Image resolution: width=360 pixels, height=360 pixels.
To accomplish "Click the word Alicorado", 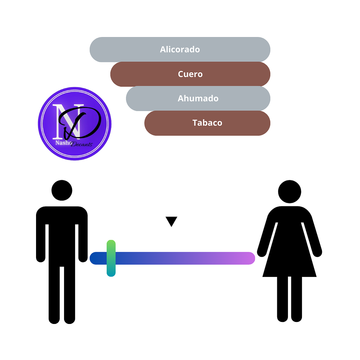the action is point(180,49).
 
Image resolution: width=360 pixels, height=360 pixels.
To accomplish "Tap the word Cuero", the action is point(190,74).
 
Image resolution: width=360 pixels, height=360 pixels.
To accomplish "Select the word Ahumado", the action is point(198,98).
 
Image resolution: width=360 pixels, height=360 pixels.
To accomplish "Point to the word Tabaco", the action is point(207,123).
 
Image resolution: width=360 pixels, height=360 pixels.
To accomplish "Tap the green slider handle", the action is point(111,258).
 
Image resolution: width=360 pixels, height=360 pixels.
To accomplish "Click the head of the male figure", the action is point(62,190).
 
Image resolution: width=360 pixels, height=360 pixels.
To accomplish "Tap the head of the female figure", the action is point(290,192).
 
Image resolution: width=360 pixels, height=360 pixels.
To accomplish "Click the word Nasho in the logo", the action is point(63,143).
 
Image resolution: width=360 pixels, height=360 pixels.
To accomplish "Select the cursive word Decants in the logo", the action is point(82,144).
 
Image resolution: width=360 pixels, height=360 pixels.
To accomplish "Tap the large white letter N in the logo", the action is point(68,122).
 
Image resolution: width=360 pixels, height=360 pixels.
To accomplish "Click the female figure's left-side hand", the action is point(262,252).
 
